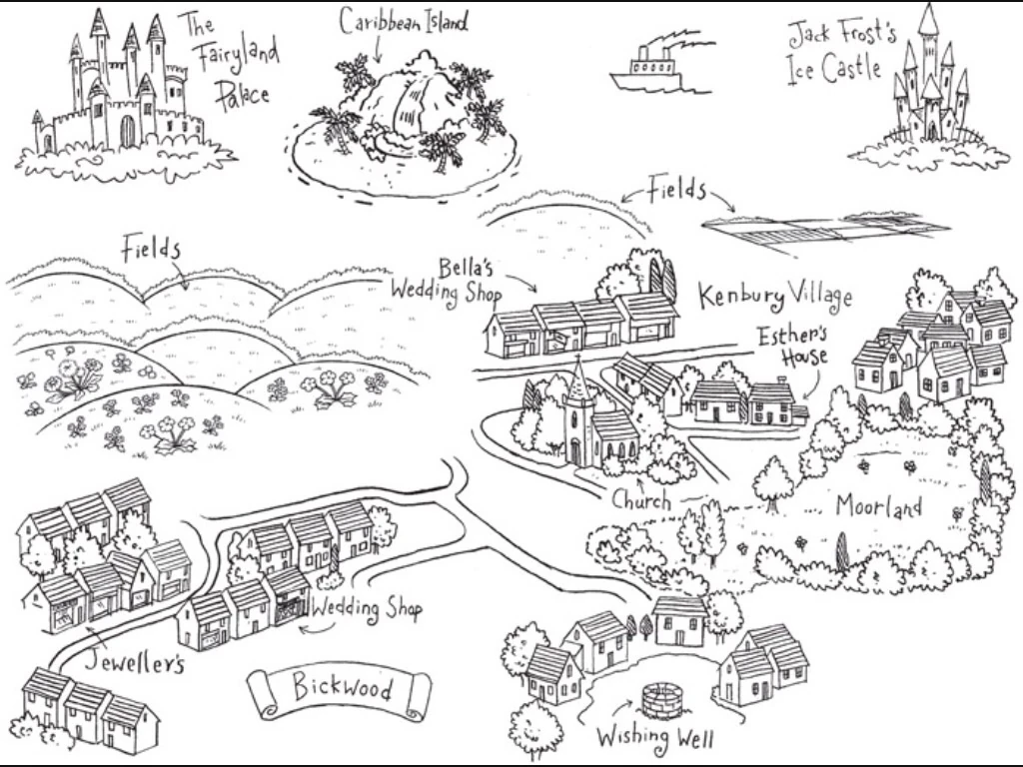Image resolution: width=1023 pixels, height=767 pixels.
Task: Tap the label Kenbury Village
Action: (x=775, y=296)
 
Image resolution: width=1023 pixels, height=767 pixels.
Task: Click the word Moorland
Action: (x=878, y=507)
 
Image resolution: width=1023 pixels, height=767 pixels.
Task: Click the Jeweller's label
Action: (x=135, y=661)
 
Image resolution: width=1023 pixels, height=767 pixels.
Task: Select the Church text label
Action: (x=641, y=499)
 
